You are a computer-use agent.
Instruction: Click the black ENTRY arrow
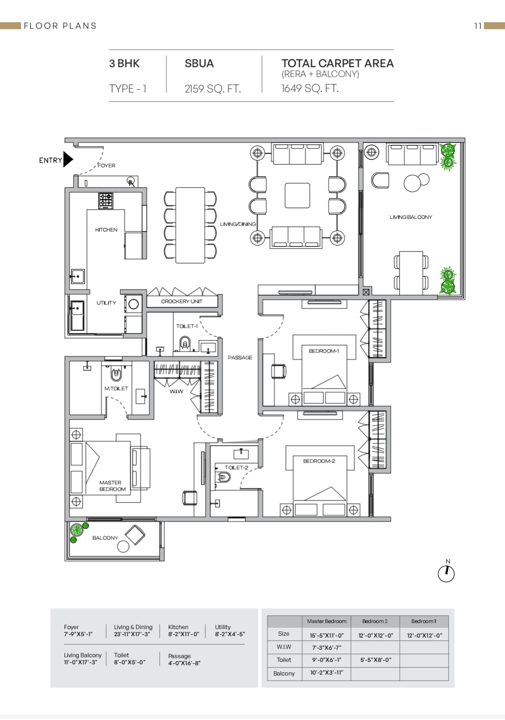tap(68, 159)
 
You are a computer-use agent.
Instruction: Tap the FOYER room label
tap(107, 165)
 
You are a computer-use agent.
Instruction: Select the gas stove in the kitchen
tap(106, 201)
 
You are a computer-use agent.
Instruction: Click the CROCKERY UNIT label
tap(182, 301)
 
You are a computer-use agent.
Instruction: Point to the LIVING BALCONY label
tap(410, 217)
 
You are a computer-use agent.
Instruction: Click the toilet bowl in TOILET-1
tap(185, 343)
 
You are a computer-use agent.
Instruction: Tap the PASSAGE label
tap(240, 358)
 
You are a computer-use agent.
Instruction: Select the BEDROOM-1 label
tap(324, 351)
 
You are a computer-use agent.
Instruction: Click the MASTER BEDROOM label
tap(112, 486)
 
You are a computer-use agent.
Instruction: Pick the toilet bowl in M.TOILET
tap(116, 374)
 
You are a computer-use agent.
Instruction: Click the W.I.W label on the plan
tap(176, 391)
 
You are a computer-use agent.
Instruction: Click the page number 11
tap(478, 26)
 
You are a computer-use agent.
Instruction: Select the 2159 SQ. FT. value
tap(212, 89)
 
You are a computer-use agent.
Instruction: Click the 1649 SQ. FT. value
tap(310, 88)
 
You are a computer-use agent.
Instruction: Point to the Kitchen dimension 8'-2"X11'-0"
tap(183, 634)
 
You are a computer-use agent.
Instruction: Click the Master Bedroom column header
tap(327, 621)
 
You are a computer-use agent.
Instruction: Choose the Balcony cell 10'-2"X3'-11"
tap(327, 673)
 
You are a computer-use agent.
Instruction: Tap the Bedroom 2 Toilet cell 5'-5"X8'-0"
tap(376, 660)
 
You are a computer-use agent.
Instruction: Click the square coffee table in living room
tap(297, 195)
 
